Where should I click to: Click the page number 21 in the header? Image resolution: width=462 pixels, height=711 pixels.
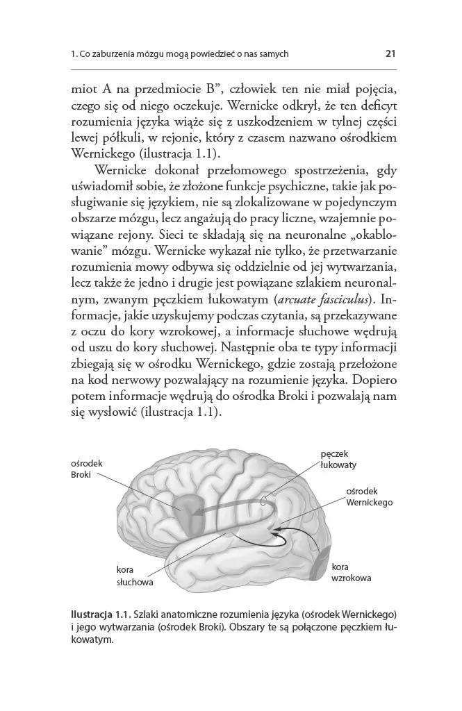390,53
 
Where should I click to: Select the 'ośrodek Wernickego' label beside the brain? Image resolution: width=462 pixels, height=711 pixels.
369,496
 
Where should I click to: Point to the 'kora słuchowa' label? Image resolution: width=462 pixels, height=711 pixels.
134,576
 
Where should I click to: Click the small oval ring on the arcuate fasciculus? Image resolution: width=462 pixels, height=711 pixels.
263,500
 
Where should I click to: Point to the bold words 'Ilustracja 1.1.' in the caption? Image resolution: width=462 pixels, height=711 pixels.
101,614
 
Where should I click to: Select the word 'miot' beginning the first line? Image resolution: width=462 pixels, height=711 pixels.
84,90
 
